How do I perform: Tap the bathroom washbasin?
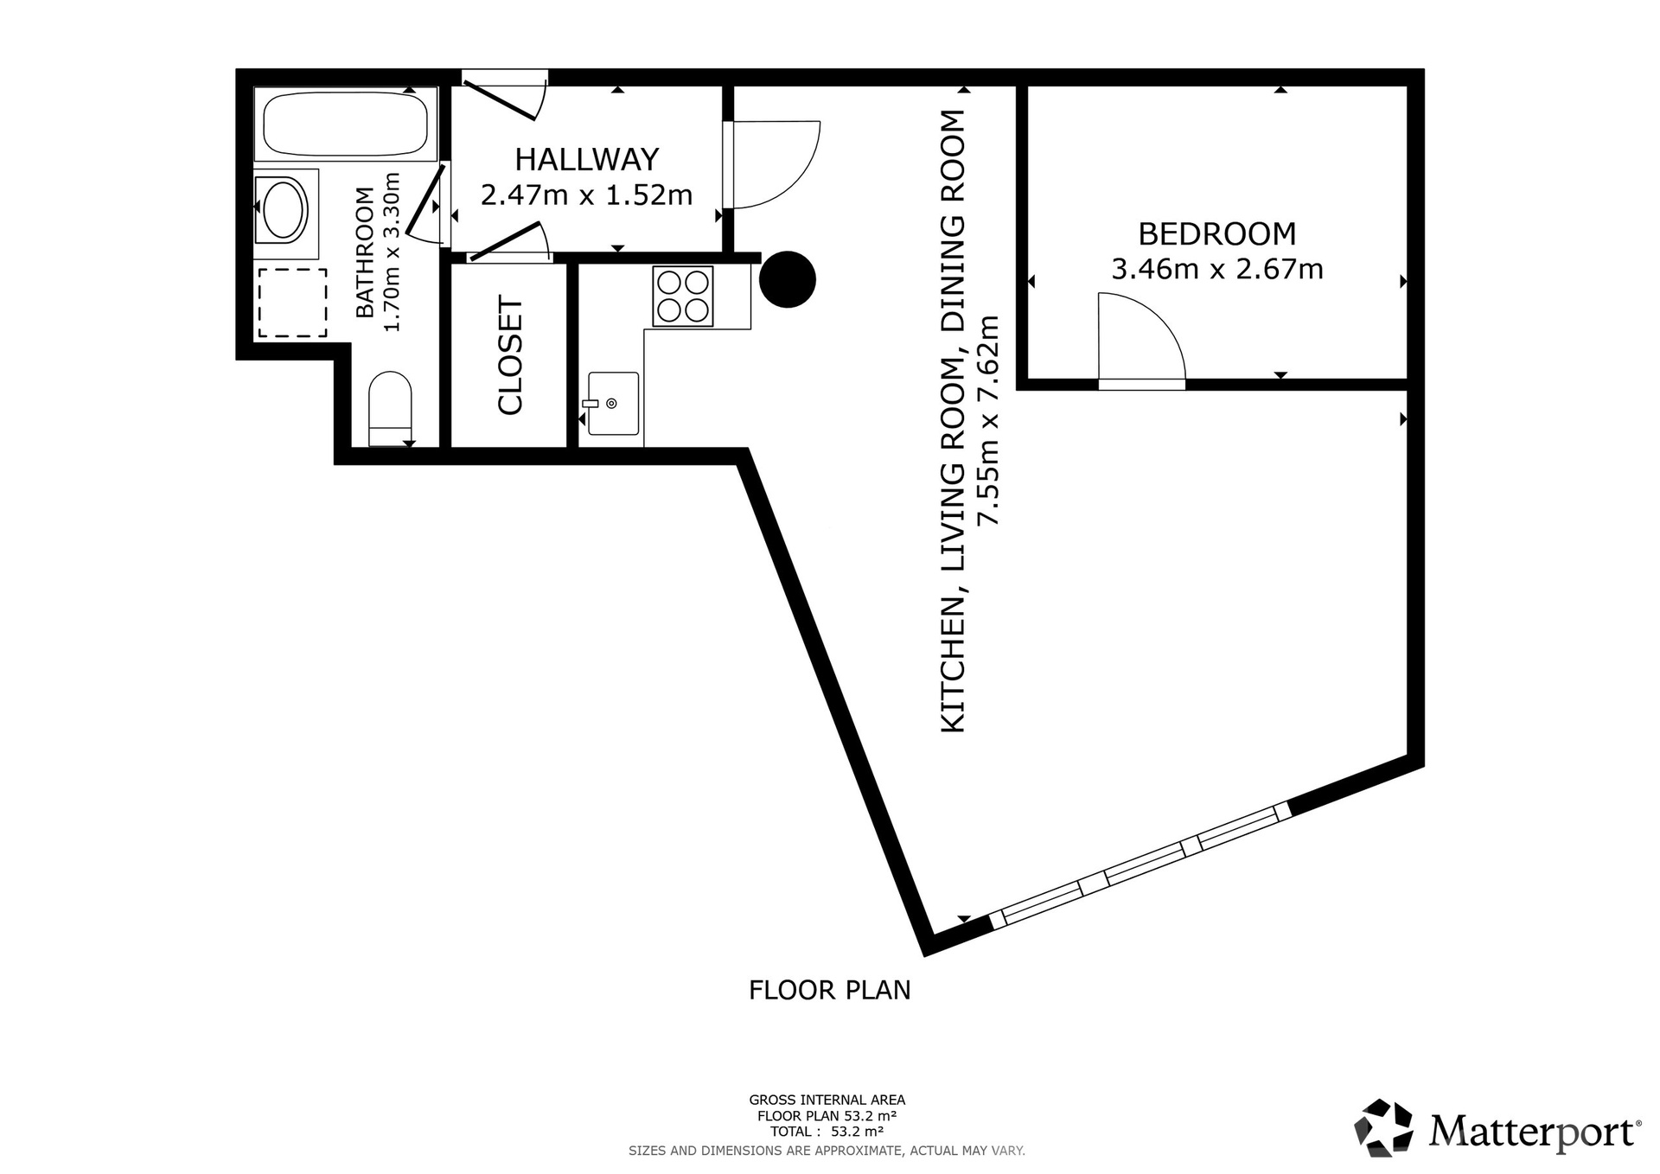click(x=284, y=208)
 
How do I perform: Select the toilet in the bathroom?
click(x=390, y=408)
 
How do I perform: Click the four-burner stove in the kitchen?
click(x=683, y=296)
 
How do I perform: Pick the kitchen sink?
click(x=613, y=404)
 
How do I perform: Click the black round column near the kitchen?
click(x=788, y=279)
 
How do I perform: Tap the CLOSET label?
click(x=511, y=356)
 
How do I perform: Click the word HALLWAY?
click(x=587, y=159)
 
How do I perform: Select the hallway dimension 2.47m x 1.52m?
click(x=587, y=195)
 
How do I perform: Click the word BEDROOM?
click(x=1217, y=234)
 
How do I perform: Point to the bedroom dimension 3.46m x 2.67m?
click(x=1217, y=270)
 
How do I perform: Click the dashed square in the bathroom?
click(x=292, y=303)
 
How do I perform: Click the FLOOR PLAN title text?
click(x=830, y=990)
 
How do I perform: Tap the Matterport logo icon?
click(x=1383, y=1127)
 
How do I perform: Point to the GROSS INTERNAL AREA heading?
click(x=827, y=1100)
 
